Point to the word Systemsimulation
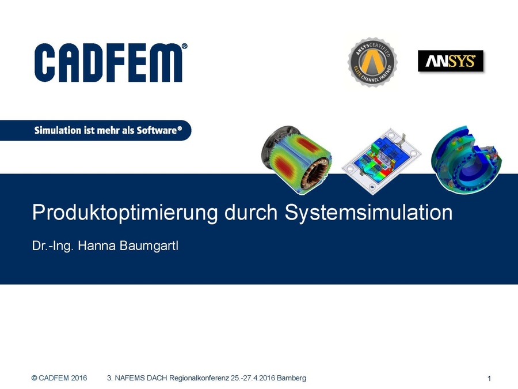368,213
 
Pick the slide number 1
489,379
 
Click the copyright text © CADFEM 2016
59,378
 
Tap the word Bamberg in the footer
292,378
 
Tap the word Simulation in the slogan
58,130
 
